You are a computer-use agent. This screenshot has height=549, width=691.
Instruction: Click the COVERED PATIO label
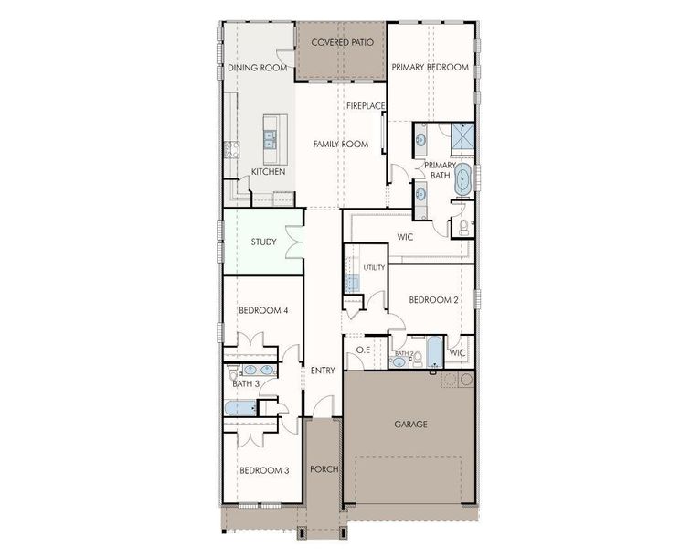click(x=343, y=42)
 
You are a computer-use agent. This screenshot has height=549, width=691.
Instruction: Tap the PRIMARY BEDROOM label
click(x=431, y=67)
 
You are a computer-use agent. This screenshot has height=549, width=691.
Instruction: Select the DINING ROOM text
click(x=258, y=68)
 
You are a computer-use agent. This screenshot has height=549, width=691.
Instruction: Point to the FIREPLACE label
click(x=366, y=106)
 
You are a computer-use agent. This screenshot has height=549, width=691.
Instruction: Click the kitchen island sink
click(x=270, y=138)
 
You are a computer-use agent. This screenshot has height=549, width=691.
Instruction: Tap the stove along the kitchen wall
click(x=232, y=150)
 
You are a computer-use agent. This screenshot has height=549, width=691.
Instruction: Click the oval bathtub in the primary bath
click(x=462, y=179)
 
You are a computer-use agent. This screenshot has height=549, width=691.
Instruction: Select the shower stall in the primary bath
click(x=462, y=138)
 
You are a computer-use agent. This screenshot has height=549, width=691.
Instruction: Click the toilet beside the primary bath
click(x=464, y=226)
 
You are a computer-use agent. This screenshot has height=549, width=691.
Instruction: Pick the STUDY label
click(x=263, y=242)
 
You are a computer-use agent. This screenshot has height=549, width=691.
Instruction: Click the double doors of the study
click(x=294, y=242)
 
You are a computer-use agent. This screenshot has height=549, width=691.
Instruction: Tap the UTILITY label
click(x=374, y=267)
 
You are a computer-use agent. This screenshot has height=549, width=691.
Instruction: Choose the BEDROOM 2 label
click(x=433, y=300)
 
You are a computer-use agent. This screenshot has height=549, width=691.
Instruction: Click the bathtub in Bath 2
click(x=434, y=352)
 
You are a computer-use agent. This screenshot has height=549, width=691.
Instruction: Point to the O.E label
click(x=363, y=350)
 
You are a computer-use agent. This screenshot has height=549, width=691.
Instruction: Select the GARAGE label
click(x=410, y=425)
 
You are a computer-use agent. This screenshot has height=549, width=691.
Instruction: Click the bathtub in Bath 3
click(x=240, y=408)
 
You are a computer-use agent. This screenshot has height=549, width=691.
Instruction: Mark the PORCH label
click(x=324, y=469)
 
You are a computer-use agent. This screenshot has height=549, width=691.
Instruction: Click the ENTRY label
click(x=323, y=371)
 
